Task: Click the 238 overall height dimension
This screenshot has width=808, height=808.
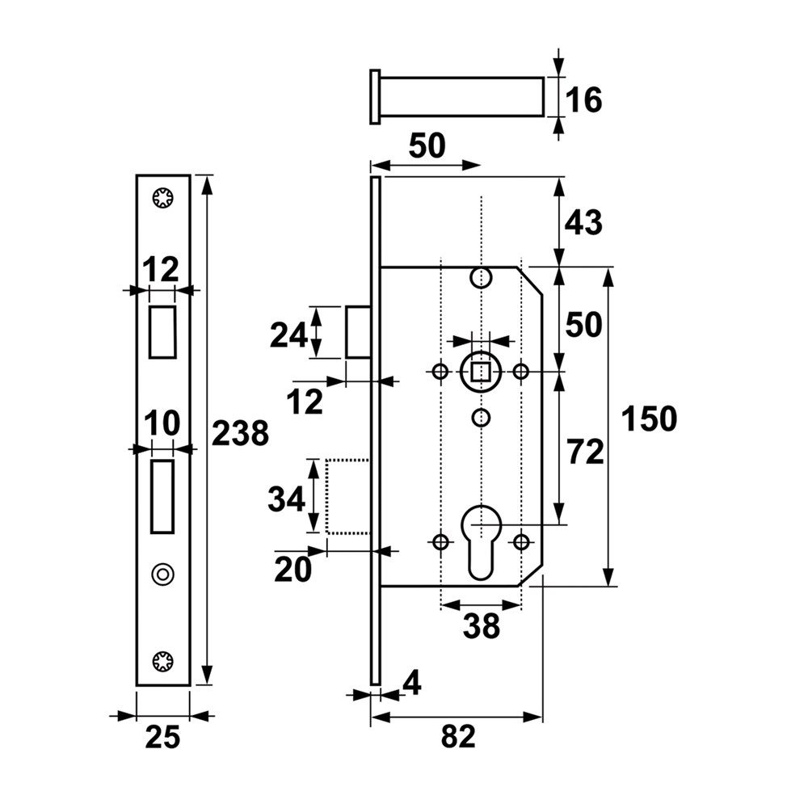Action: (x=240, y=433)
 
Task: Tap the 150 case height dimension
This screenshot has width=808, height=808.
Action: (x=649, y=419)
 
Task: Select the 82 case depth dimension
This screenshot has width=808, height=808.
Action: (x=458, y=736)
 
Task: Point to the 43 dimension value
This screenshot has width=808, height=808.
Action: (x=583, y=223)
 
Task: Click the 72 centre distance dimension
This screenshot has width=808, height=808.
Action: (x=585, y=452)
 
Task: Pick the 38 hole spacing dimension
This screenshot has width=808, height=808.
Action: (x=482, y=626)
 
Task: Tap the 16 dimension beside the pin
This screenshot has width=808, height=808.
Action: (x=583, y=100)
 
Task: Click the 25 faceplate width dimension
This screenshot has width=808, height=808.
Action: (x=163, y=737)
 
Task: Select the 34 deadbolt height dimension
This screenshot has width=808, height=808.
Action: (x=287, y=499)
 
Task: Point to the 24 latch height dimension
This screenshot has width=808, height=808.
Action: (x=288, y=335)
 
